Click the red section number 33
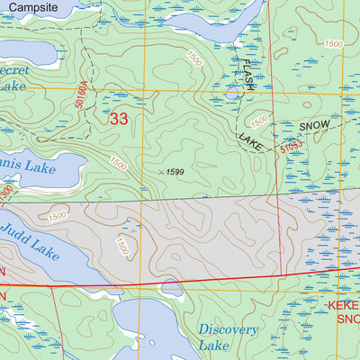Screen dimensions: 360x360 (x=119, y=118)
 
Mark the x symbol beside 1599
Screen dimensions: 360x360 (x=161, y=171)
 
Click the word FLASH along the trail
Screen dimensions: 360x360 (x=249, y=76)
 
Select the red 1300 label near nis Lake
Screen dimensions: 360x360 (x=6, y=192)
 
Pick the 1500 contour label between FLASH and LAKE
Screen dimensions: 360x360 (x=259, y=121)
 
